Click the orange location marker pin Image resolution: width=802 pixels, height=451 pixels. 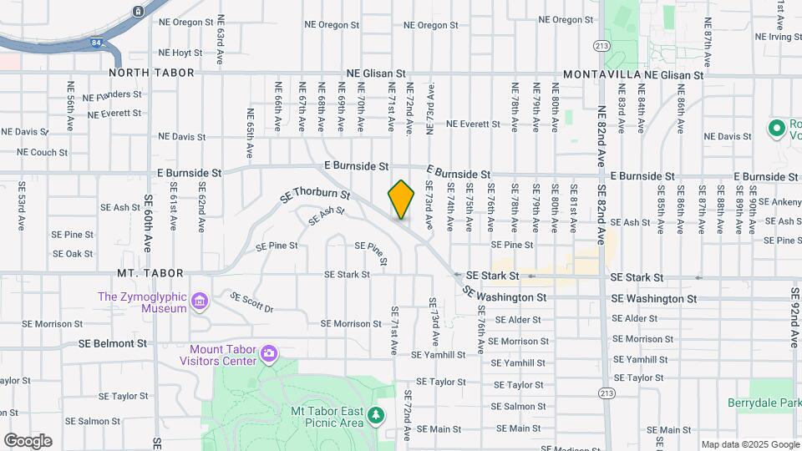click(401, 200)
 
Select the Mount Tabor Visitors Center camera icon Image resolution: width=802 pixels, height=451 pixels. click(268, 353)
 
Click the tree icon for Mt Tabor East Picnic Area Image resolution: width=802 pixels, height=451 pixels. click(376, 415)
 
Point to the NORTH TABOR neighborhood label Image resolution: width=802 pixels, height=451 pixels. click(151, 73)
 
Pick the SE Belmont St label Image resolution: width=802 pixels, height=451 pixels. click(113, 343)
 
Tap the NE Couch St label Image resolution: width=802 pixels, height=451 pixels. click(43, 153)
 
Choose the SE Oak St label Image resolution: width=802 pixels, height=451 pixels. click(73, 254)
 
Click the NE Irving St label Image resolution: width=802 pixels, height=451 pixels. click(778, 37)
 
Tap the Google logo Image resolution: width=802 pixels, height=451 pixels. click(28, 441)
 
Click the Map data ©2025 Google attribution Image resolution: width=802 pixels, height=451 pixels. click(749, 444)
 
